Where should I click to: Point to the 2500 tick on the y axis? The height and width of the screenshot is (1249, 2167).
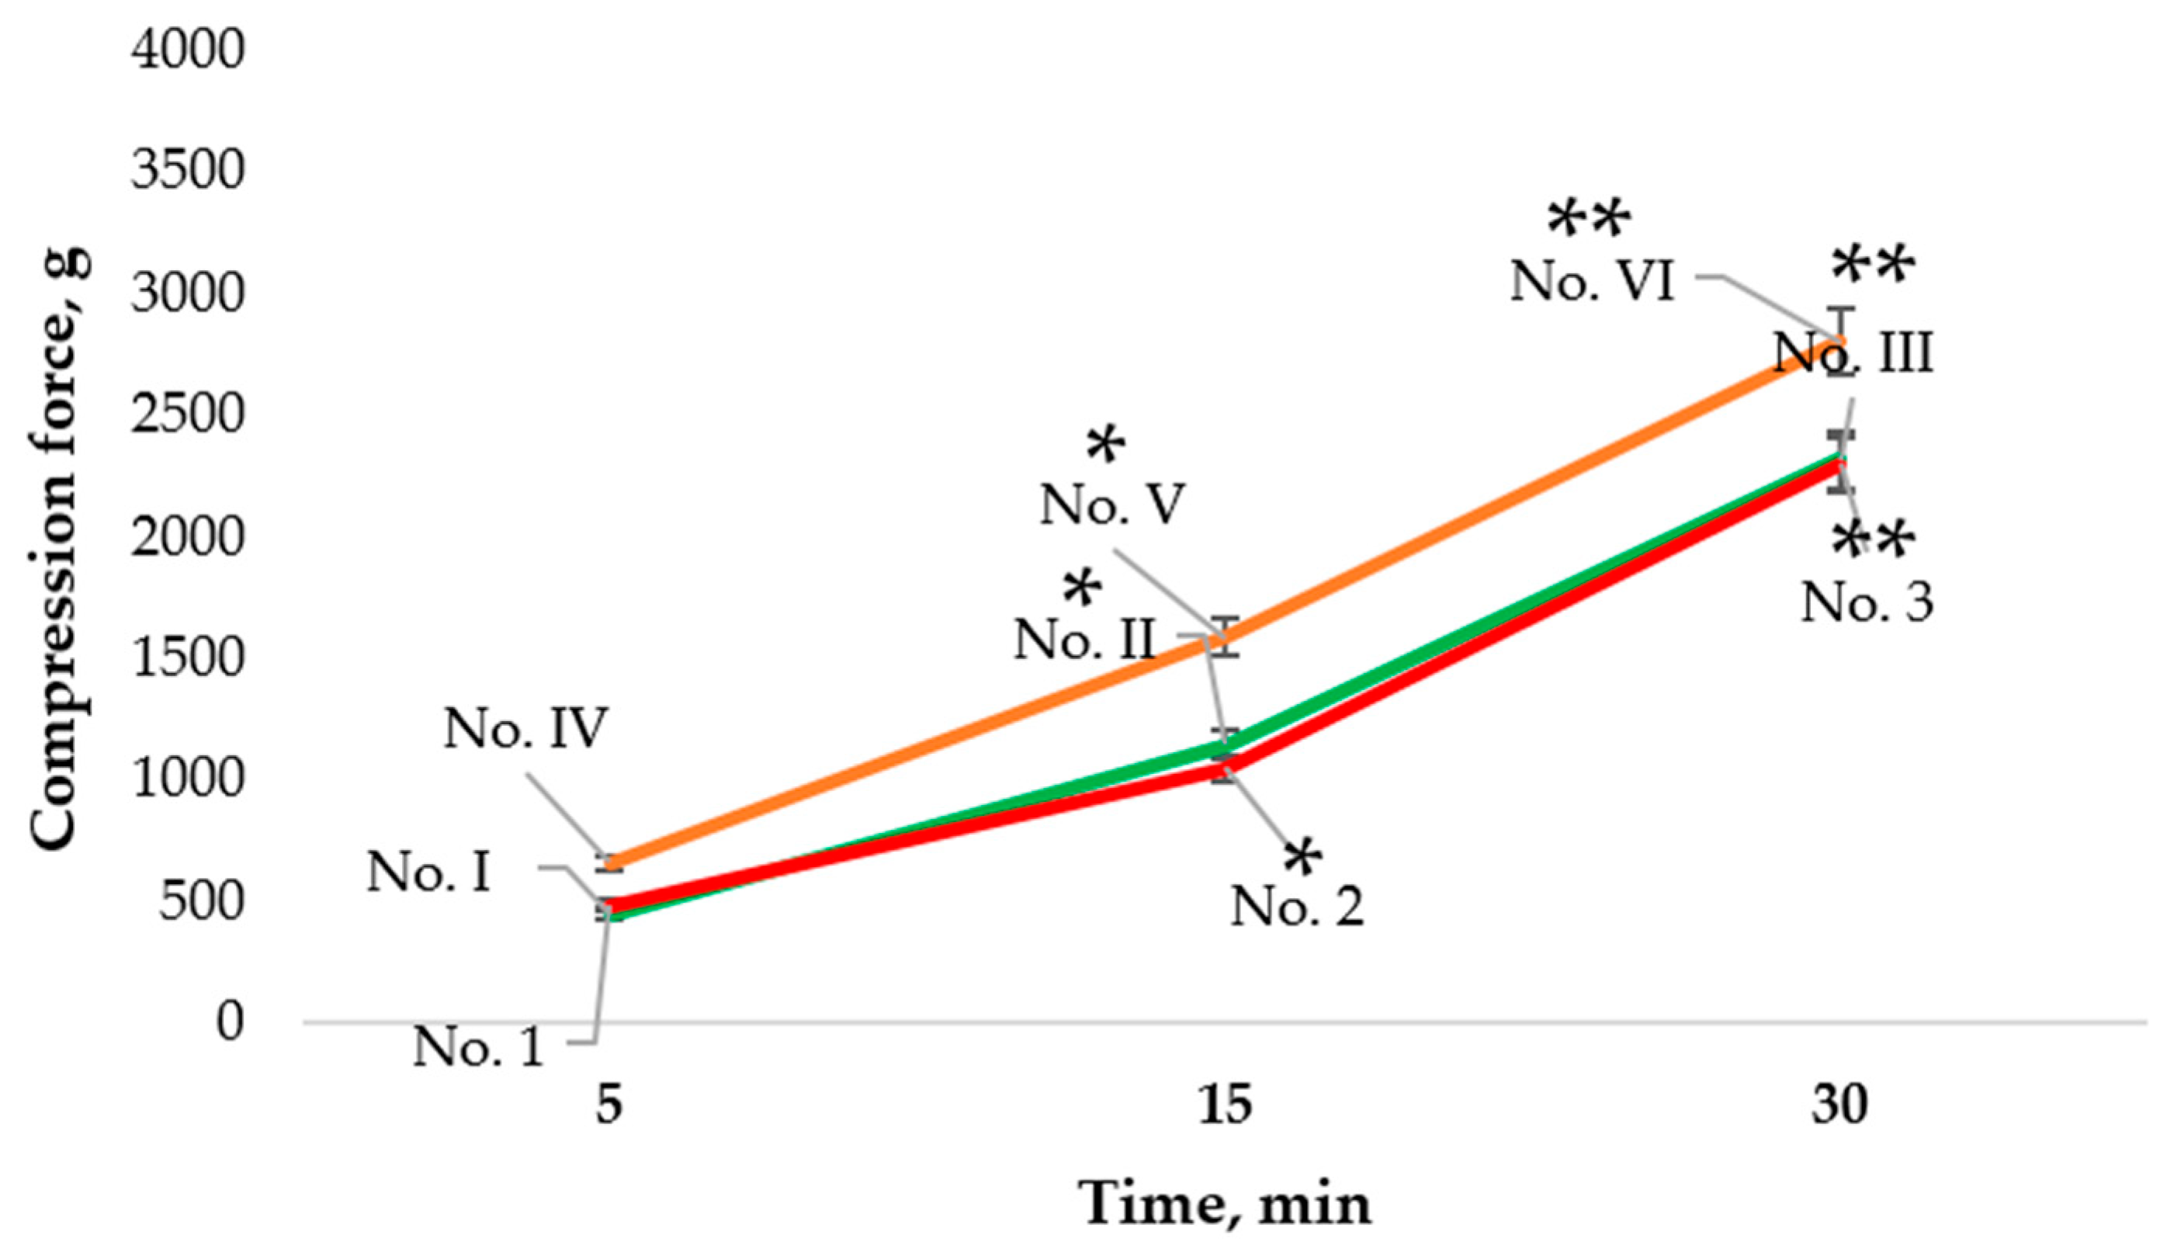[188, 415]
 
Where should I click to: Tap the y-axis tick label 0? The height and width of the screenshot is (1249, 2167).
[229, 1022]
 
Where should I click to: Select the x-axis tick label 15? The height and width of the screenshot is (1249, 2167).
[1225, 1105]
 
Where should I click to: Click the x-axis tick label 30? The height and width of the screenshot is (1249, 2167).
[1839, 1105]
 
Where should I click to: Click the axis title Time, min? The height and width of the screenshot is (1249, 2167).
[1226, 1205]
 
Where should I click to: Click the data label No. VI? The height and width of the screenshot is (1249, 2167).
[1592, 280]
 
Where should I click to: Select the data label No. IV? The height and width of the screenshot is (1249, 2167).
[525, 729]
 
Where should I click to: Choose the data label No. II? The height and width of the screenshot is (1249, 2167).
[1085, 639]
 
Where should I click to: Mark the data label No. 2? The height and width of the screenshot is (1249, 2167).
[1297, 905]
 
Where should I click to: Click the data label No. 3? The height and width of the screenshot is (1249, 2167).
[1867, 602]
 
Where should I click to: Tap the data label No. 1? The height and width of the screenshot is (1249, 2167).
[479, 1046]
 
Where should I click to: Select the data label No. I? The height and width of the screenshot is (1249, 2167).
[428, 873]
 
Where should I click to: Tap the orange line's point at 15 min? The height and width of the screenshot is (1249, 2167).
[1226, 637]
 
